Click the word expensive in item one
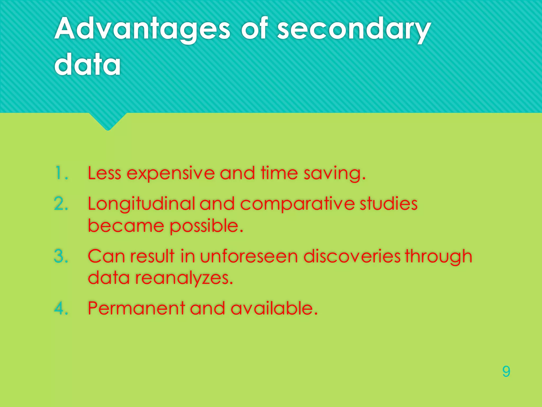click(x=171, y=174)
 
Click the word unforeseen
click(x=249, y=256)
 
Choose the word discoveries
click(x=352, y=256)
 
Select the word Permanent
click(x=136, y=308)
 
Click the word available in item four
click(x=274, y=308)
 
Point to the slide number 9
click(x=506, y=371)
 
